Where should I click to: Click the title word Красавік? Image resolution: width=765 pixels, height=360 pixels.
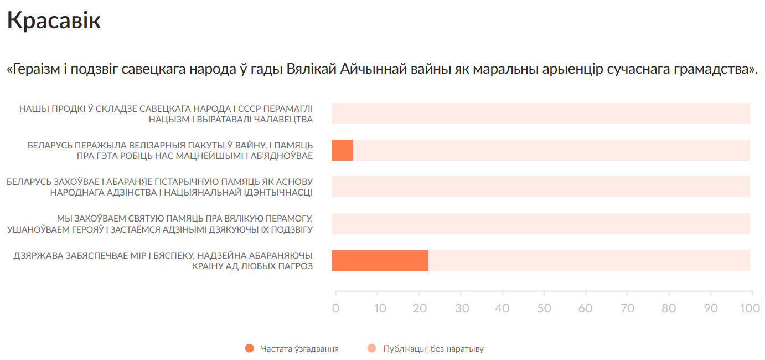pyautogui.click(x=54, y=20)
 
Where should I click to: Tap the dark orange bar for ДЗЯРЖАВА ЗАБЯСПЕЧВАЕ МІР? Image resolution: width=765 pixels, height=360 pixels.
pyautogui.click(x=379, y=260)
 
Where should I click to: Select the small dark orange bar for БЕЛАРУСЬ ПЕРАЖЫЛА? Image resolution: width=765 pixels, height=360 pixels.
pyautogui.click(x=342, y=150)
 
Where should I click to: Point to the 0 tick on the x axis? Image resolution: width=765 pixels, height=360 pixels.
pyautogui.click(x=335, y=308)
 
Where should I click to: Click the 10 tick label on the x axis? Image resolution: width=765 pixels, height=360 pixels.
pyautogui.click(x=380, y=308)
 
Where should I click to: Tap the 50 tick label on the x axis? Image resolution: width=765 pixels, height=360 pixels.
pyautogui.click(x=544, y=308)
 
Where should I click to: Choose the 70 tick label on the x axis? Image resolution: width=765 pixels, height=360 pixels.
pyautogui.click(x=627, y=308)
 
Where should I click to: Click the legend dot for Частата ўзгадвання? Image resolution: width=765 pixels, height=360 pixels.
pyautogui.click(x=249, y=348)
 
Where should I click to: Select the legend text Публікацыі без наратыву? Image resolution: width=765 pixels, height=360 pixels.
pyautogui.click(x=433, y=349)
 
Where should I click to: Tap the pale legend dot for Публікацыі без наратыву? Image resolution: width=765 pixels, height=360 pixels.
pyautogui.click(x=371, y=348)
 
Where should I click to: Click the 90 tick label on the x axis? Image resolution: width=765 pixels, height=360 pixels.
pyautogui.click(x=711, y=308)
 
